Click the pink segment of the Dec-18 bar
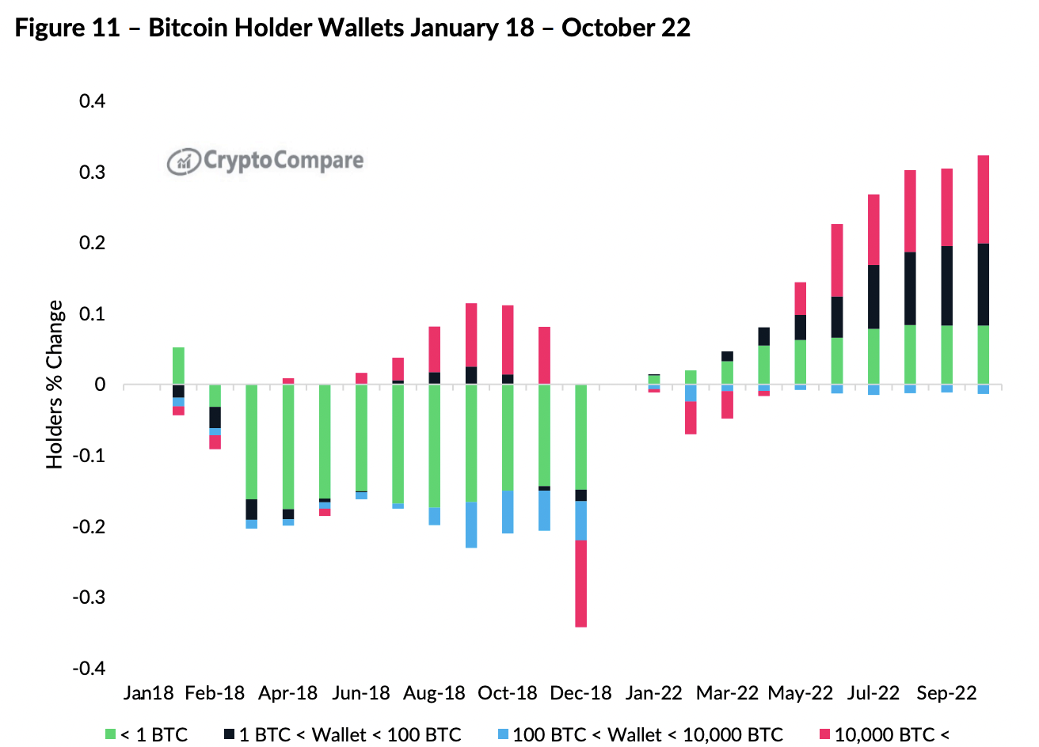coord(580,583)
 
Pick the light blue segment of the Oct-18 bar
coord(508,511)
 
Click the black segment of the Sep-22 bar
coord(946,286)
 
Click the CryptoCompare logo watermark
coord(265,161)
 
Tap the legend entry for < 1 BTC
coord(147,734)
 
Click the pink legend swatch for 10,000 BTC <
coord(824,734)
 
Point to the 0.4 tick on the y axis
coord(92,101)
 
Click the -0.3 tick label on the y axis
coord(89,597)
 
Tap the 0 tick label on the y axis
coord(100,385)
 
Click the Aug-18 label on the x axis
coord(434,693)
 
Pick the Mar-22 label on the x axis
coord(727,693)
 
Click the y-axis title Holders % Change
coord(55,385)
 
